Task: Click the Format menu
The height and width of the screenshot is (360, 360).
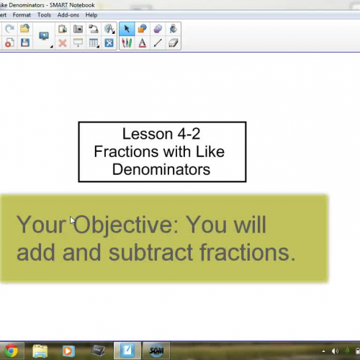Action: pos(22,14)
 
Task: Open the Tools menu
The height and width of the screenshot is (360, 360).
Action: pos(44,14)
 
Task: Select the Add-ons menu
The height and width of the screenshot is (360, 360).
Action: pos(68,14)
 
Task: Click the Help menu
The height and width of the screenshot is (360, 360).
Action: pos(91,14)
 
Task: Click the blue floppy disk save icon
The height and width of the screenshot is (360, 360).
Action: pos(25,42)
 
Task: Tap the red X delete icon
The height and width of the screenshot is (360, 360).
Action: pos(63,42)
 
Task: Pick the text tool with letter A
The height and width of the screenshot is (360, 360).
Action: pos(142,42)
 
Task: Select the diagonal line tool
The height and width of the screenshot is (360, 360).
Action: pos(158,42)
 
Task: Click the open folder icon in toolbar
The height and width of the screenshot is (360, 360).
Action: pos(25,29)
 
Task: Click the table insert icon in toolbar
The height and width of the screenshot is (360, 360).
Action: pos(94,42)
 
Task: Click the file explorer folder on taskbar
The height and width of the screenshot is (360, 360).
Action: pos(40,351)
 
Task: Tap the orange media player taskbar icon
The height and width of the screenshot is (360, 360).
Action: pos(68,351)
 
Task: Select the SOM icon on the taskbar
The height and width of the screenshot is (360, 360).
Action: pos(156,351)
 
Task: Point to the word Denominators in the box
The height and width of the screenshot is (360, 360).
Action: pos(161,169)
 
